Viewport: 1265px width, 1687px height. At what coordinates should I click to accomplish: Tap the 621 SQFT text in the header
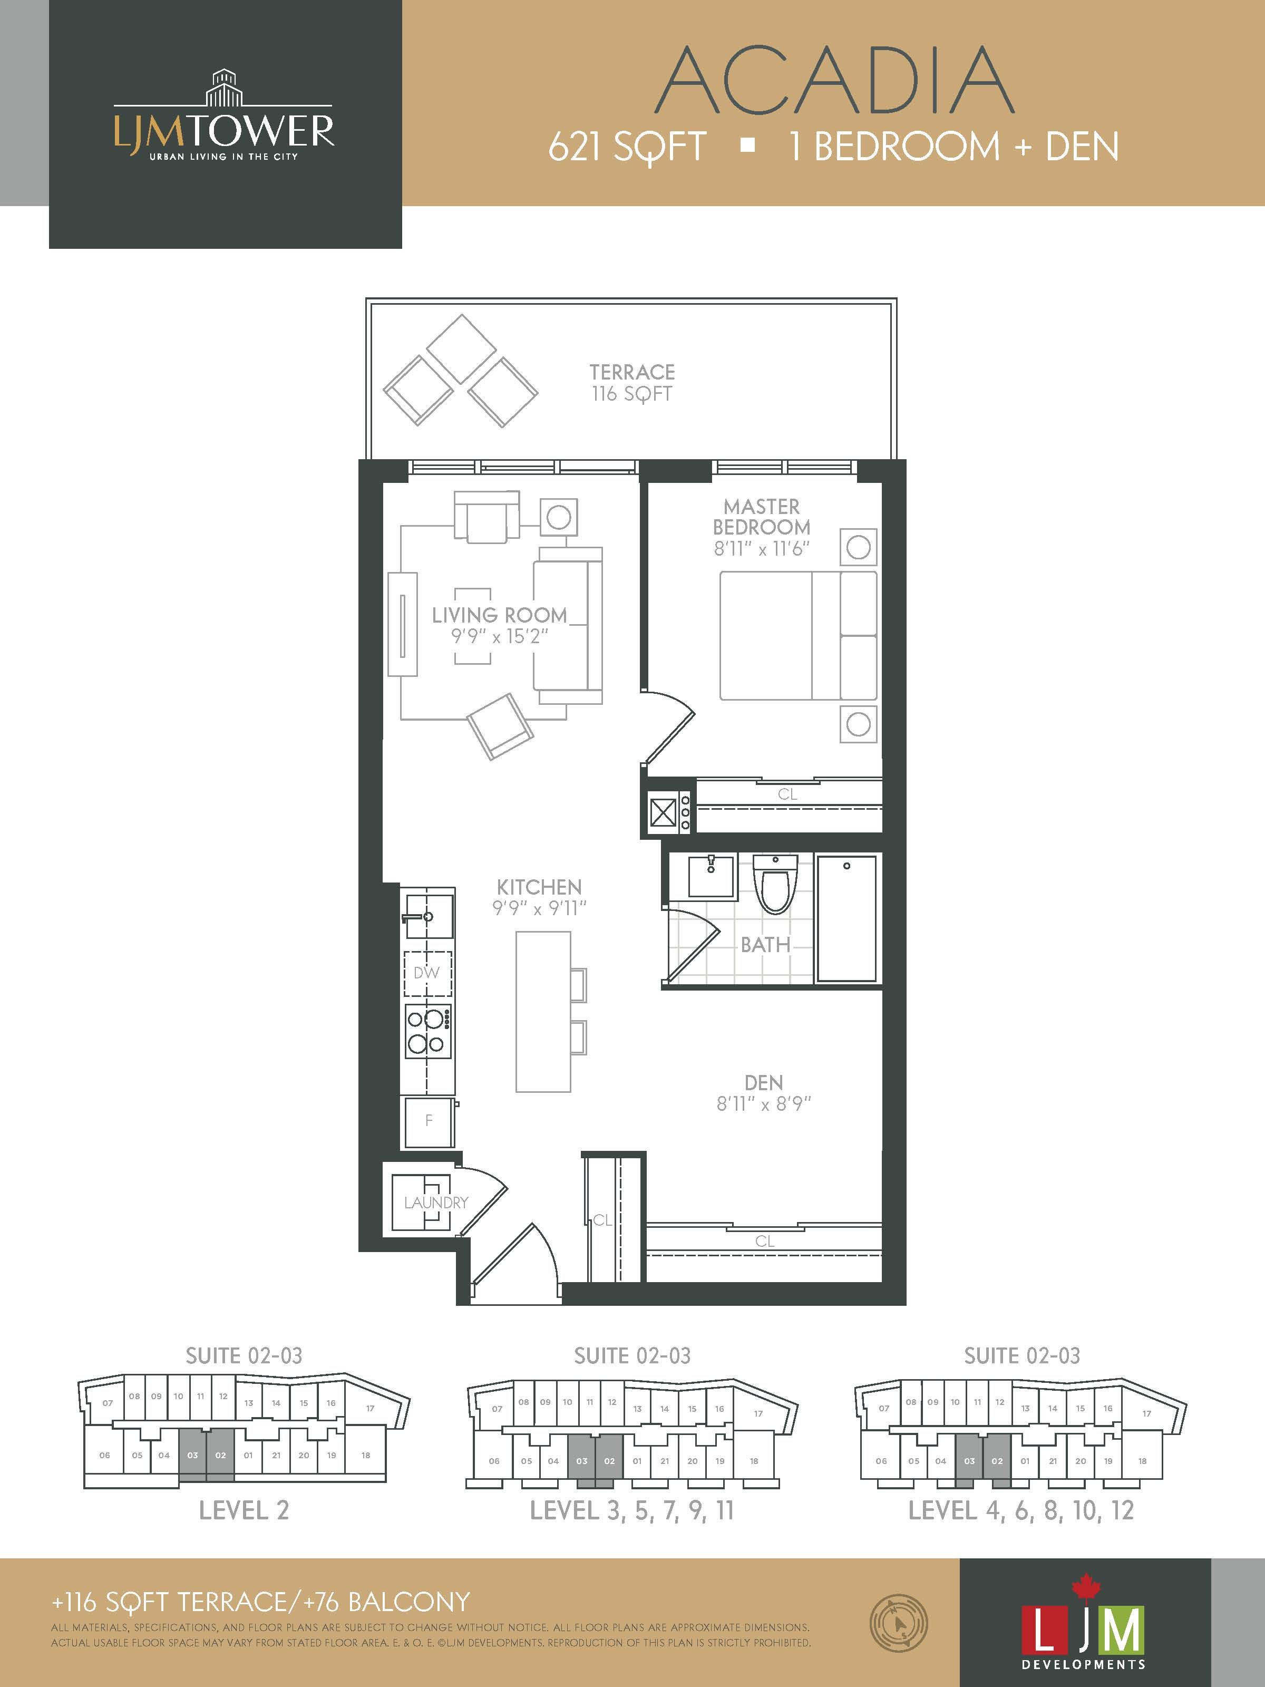tap(627, 147)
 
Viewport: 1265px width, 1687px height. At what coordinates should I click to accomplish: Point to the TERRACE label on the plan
tap(632, 372)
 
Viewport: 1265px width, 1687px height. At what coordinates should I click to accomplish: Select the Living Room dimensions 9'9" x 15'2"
tap(500, 636)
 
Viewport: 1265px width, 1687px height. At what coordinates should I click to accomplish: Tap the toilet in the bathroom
tap(775, 885)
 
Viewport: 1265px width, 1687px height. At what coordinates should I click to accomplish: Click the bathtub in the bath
tap(846, 918)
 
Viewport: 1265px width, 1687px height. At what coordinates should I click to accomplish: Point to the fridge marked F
tap(429, 1121)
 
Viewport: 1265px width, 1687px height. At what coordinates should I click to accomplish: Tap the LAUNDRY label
tap(436, 1203)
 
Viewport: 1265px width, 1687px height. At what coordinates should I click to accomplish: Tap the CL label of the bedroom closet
tap(787, 794)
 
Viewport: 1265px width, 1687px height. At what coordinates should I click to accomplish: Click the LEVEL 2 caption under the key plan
tap(244, 1510)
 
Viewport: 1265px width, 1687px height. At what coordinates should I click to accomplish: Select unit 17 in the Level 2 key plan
tap(370, 1409)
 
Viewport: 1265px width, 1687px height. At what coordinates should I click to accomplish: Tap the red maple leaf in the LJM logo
tap(1086, 1587)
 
